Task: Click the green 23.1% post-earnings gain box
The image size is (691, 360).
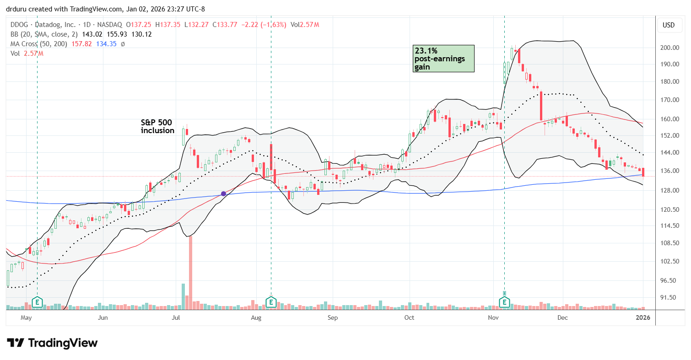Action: coord(443,58)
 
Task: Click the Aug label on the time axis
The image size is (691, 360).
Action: coord(256,317)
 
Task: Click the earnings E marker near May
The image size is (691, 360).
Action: coord(37,302)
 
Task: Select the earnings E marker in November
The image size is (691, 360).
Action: coord(505,302)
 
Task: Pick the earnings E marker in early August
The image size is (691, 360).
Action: coord(271,302)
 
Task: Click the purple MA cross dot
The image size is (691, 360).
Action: coord(223,193)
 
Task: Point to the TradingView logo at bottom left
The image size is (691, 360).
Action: coord(52,343)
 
